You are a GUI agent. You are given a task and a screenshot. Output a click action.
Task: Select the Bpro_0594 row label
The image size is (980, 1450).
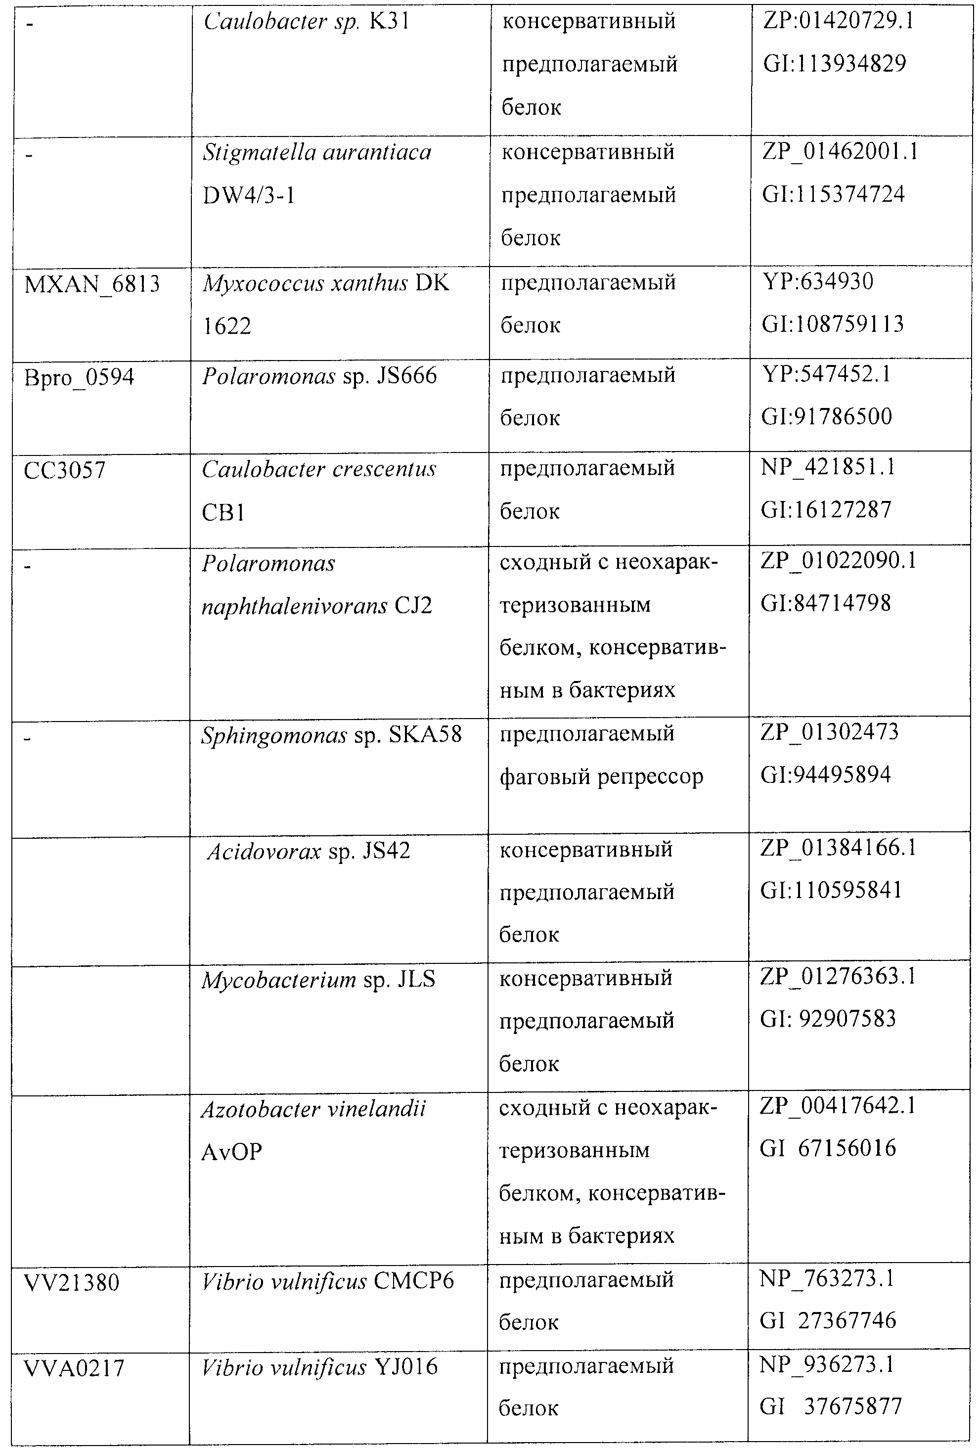pyautogui.click(x=79, y=377)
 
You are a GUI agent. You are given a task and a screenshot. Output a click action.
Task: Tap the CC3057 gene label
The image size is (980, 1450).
pyautogui.click(x=64, y=470)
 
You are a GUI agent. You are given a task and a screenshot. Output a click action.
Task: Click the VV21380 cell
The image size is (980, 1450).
pyautogui.click(x=71, y=1283)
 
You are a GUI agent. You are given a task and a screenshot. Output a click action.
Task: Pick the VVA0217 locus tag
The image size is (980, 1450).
pyautogui.click(x=74, y=1368)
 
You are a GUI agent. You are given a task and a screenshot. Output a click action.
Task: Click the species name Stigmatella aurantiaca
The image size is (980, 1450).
pyautogui.click(x=317, y=153)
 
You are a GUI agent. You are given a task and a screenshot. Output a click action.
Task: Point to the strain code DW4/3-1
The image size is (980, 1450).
pyautogui.click(x=248, y=196)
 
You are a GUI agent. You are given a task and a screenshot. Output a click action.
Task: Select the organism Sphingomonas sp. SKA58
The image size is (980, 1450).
pyautogui.click(x=331, y=735)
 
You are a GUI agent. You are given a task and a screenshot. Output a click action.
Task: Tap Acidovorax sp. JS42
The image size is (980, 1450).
pyautogui.click(x=308, y=851)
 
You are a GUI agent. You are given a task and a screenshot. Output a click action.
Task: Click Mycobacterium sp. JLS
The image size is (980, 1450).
pyautogui.click(x=318, y=980)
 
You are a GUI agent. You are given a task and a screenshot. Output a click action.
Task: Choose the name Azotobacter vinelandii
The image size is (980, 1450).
pyautogui.click(x=313, y=1109)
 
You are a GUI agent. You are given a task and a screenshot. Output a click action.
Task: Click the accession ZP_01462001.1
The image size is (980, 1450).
pyautogui.click(x=840, y=152)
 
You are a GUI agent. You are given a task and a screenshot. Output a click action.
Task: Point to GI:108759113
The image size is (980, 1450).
pyautogui.click(x=832, y=324)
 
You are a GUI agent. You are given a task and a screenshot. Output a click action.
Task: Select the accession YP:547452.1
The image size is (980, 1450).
pyautogui.click(x=826, y=374)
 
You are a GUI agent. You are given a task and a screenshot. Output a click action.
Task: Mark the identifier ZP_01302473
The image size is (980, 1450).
pyautogui.click(x=829, y=732)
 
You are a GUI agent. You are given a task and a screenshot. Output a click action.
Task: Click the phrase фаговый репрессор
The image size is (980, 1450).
pyautogui.click(x=601, y=777)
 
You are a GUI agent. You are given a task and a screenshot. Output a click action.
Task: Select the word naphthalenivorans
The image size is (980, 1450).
pyautogui.click(x=294, y=606)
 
